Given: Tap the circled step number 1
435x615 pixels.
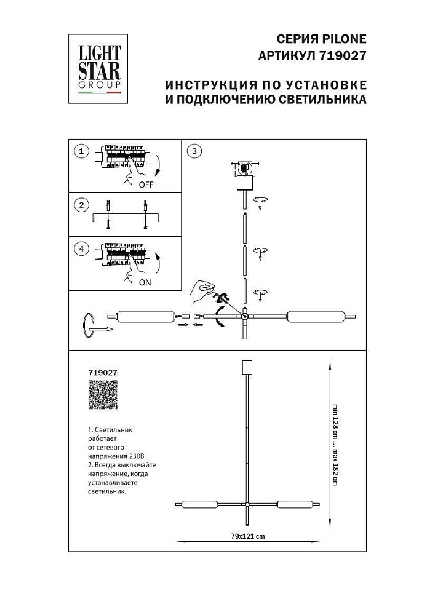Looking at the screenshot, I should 81,151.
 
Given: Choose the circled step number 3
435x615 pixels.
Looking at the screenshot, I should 193,151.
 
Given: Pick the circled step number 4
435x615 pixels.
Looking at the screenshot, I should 81,249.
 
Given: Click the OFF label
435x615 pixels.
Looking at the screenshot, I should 146,184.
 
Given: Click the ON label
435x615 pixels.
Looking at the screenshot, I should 145,283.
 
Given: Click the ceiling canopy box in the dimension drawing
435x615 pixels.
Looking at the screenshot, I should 247,367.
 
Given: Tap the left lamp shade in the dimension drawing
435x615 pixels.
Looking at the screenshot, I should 196,505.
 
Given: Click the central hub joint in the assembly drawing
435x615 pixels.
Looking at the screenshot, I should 245,317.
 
